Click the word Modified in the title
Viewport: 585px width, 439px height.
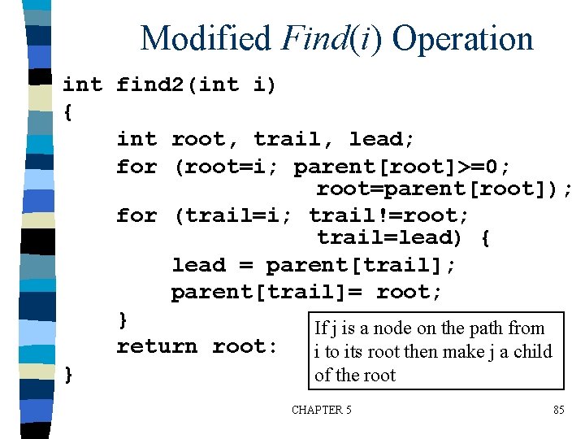(x=205, y=38)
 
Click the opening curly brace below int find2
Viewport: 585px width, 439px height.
(x=67, y=112)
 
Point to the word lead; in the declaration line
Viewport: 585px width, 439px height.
(x=382, y=139)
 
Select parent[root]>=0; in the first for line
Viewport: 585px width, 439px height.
(x=402, y=167)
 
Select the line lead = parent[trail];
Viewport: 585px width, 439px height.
(x=314, y=265)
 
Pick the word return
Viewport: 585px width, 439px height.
(x=157, y=346)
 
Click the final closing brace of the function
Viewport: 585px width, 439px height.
(x=68, y=374)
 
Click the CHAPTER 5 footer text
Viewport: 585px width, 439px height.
(x=322, y=411)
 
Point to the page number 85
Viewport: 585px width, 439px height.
(x=558, y=411)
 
